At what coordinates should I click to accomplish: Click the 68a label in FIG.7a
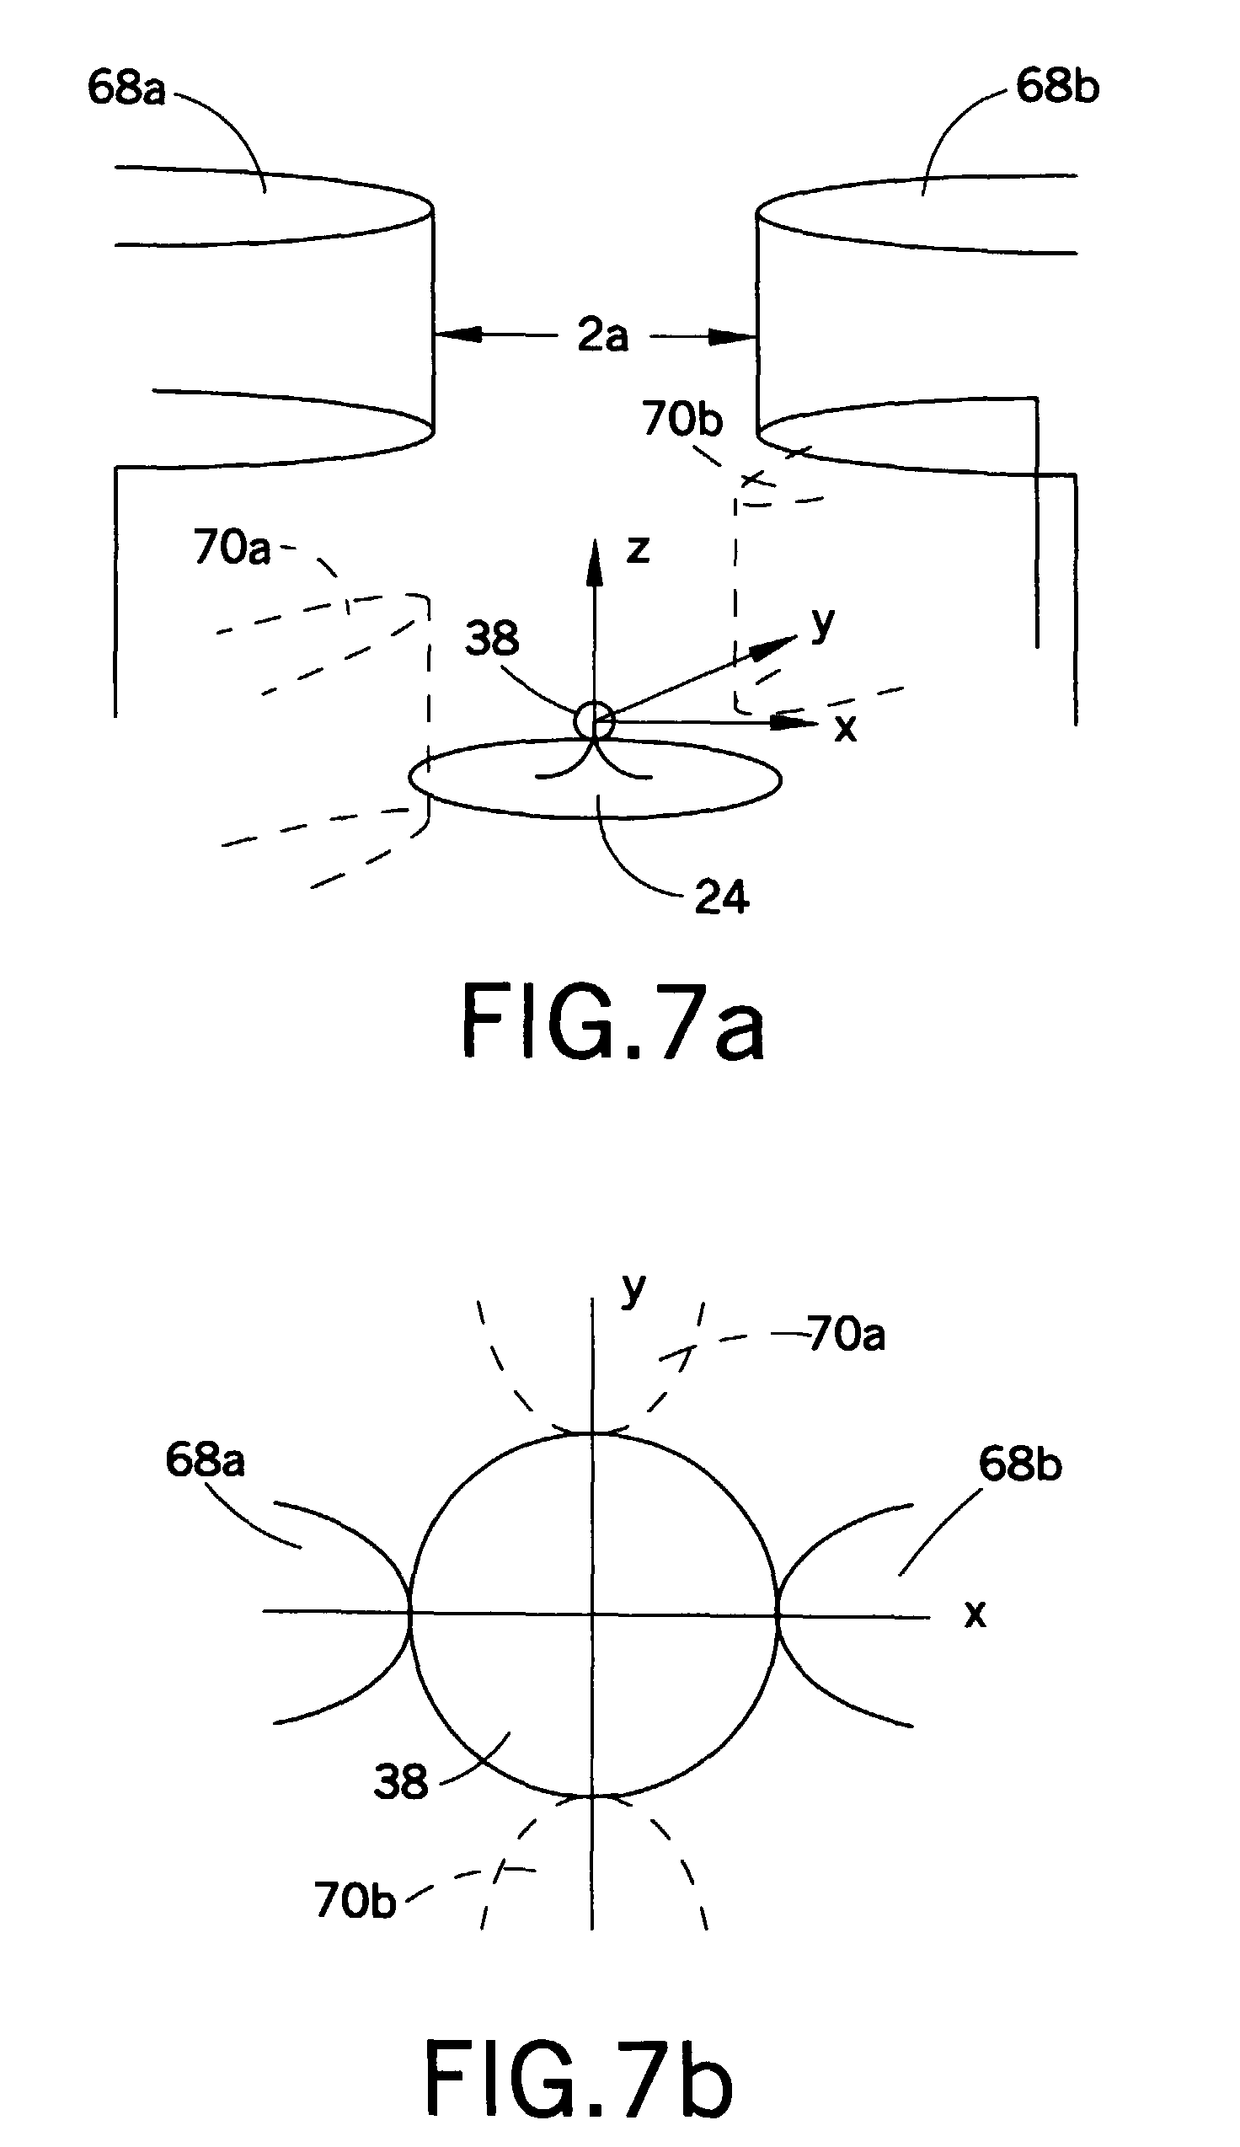126,88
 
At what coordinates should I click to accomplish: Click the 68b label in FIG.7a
1057,87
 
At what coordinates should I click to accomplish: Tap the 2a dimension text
603,335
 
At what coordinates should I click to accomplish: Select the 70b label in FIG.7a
682,419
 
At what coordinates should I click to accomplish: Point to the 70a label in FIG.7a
232,547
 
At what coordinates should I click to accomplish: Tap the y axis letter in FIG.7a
823,624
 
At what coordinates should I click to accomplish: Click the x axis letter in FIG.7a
845,729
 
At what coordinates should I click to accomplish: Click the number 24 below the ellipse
721,897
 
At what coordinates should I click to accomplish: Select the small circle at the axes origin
594,721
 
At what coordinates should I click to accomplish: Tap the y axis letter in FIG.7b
633,1290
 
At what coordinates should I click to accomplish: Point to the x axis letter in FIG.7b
975,1613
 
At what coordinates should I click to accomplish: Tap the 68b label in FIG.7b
1019,1464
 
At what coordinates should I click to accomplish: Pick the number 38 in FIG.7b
400,1781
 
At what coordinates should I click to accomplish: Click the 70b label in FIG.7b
355,1899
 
